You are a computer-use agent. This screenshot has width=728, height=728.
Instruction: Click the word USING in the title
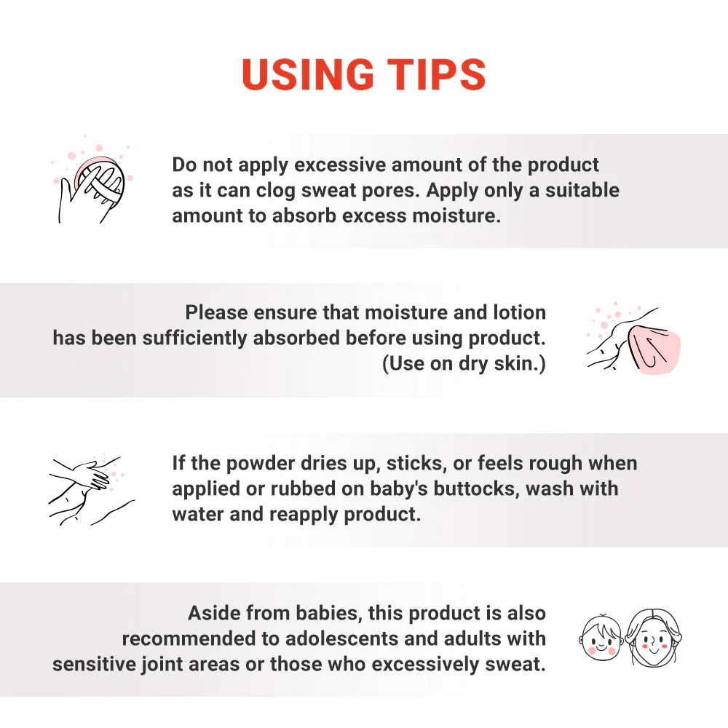pos(308,74)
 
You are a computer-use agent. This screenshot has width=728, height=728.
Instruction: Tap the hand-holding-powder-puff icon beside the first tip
pos(92,185)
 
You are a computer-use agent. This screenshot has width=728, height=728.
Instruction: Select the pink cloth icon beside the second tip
pos(634,339)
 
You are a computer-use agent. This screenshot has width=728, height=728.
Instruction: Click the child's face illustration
pos(601,636)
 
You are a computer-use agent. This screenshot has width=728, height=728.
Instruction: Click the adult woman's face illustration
pos(653,638)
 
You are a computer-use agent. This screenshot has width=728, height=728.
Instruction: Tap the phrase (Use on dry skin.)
pos(464,363)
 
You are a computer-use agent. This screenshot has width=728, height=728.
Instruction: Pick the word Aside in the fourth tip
pos(214,613)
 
